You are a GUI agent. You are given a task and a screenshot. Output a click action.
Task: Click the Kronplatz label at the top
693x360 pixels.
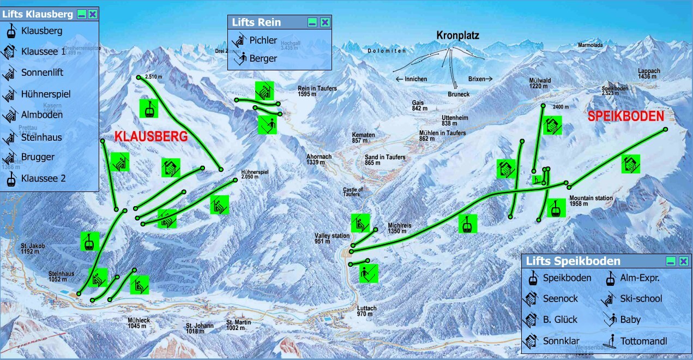(x=457, y=35)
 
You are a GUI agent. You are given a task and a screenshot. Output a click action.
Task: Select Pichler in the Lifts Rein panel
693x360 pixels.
(x=263, y=40)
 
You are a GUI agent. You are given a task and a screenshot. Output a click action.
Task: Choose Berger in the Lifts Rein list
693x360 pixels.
(x=263, y=58)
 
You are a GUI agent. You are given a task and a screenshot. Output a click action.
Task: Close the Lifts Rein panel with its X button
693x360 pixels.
(x=325, y=22)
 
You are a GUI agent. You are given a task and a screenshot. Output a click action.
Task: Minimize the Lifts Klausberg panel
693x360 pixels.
(x=81, y=14)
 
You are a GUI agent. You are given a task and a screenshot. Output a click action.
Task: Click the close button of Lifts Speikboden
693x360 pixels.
(x=683, y=261)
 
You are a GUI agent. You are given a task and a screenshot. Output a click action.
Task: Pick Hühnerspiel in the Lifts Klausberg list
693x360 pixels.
(x=46, y=94)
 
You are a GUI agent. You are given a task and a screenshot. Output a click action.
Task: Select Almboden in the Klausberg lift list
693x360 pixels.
(x=42, y=115)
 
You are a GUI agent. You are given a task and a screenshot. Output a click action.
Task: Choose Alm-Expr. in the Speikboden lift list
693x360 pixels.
(x=640, y=278)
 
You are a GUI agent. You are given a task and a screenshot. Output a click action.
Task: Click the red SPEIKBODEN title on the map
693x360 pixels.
(x=626, y=116)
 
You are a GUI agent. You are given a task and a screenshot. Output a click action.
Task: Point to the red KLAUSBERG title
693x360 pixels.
(x=151, y=137)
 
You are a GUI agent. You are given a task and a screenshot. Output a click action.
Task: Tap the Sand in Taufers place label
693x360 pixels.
(x=385, y=160)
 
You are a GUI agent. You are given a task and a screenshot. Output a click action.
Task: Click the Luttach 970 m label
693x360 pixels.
(x=366, y=311)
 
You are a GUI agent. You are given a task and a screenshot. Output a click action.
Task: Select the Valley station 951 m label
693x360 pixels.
(x=332, y=238)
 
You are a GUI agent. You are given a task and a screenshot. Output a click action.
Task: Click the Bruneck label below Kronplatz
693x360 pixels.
(x=459, y=94)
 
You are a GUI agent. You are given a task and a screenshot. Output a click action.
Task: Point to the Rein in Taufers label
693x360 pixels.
(x=317, y=91)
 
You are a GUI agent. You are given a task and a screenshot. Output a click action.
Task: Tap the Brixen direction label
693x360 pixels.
(x=480, y=79)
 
